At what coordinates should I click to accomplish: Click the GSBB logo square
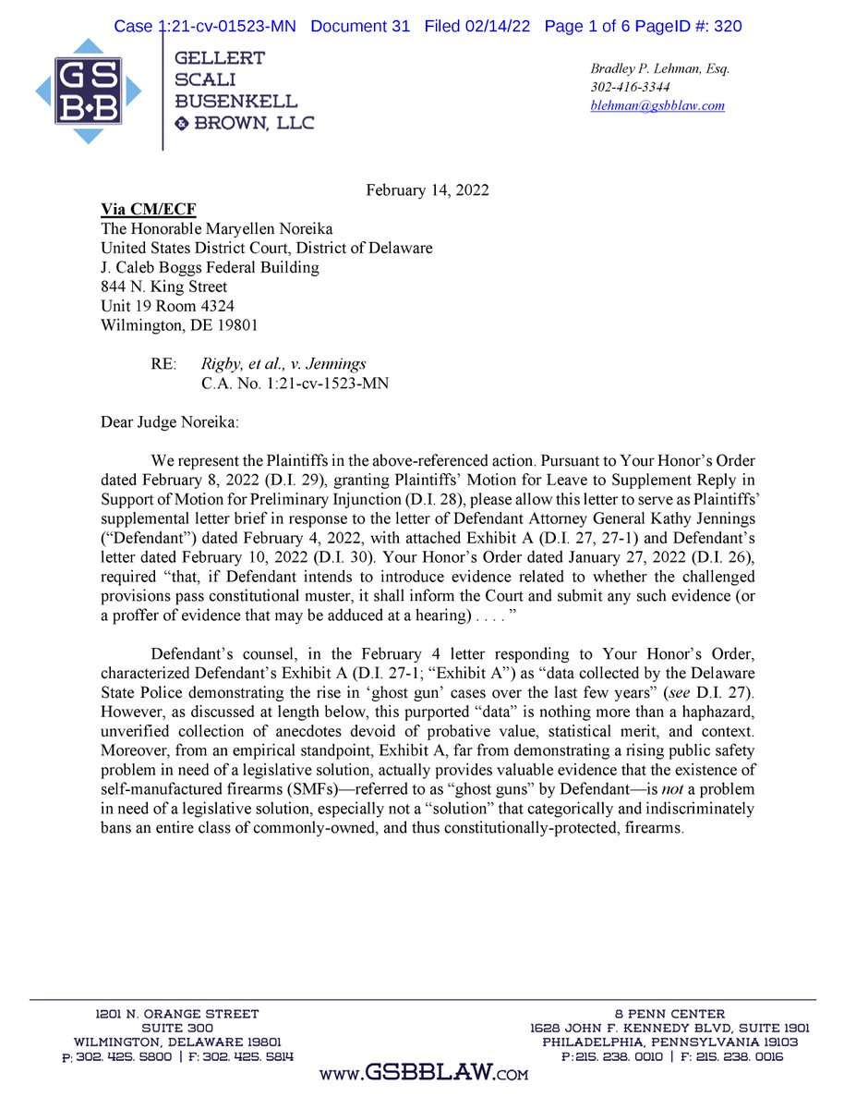point(89,90)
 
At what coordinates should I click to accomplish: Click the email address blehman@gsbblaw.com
point(657,105)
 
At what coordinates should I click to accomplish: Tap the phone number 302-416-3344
point(631,87)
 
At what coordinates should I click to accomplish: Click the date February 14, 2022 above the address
point(428,190)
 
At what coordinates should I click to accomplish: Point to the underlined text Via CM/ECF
point(148,210)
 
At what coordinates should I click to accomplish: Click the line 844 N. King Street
point(163,286)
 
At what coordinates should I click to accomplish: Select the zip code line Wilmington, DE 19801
point(179,325)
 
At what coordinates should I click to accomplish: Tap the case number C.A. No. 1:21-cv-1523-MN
point(295,384)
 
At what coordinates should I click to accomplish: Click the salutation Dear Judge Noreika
point(169,422)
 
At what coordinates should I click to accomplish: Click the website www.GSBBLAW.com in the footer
point(424,1072)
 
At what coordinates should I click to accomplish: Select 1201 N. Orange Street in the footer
point(178,1014)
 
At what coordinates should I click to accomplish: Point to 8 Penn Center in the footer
point(669,1014)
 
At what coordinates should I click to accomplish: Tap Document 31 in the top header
point(359,26)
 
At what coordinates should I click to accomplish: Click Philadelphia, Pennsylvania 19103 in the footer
point(669,1042)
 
